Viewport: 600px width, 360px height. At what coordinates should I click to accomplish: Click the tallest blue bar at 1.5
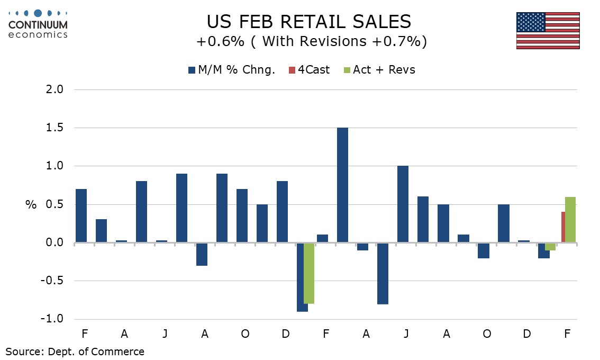click(x=342, y=185)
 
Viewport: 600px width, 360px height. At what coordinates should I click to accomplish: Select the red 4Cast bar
click(x=563, y=227)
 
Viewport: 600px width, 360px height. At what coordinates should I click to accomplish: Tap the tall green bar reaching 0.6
click(x=570, y=220)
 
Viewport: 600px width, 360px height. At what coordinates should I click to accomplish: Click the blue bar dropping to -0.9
click(x=302, y=277)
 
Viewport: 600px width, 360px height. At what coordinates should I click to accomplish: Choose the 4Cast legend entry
click(x=309, y=70)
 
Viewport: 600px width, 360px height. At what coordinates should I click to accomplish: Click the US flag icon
click(x=548, y=31)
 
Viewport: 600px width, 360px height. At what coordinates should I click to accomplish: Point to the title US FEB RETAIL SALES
click(x=308, y=21)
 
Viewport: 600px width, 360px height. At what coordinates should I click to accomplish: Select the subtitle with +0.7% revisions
click(x=311, y=42)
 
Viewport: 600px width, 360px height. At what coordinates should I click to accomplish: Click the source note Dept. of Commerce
click(x=75, y=351)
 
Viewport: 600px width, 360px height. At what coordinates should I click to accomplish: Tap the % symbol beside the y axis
click(x=31, y=205)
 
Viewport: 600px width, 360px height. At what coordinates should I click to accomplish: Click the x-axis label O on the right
click(x=487, y=334)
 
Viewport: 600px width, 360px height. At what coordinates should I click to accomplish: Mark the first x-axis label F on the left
click(x=85, y=334)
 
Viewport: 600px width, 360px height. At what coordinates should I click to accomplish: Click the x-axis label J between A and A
click(x=406, y=334)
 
